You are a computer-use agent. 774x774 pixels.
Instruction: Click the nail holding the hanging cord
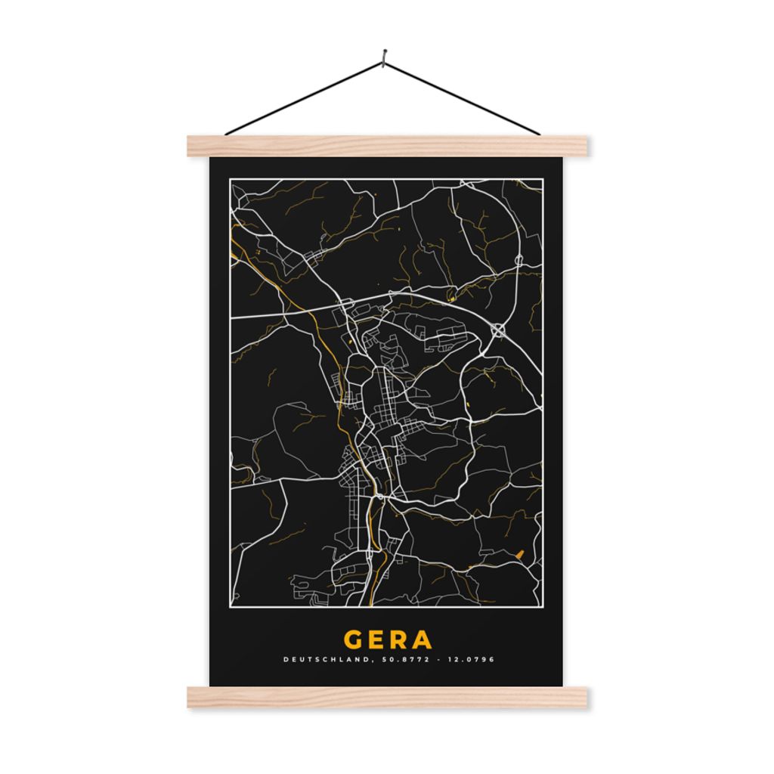tap(385, 54)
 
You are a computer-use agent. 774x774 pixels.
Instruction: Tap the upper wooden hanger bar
tap(386, 146)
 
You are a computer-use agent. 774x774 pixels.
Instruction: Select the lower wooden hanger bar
tap(386, 697)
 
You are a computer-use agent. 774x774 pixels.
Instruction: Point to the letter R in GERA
tap(400, 639)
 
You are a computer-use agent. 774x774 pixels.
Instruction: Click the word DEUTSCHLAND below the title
tap(326, 660)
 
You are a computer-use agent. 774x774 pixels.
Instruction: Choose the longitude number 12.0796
tap(472, 660)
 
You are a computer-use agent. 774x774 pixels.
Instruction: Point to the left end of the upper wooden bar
tap(191, 146)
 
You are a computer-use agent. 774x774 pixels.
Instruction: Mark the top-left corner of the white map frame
tap(230, 179)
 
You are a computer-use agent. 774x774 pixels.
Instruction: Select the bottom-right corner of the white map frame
tap(543, 607)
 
